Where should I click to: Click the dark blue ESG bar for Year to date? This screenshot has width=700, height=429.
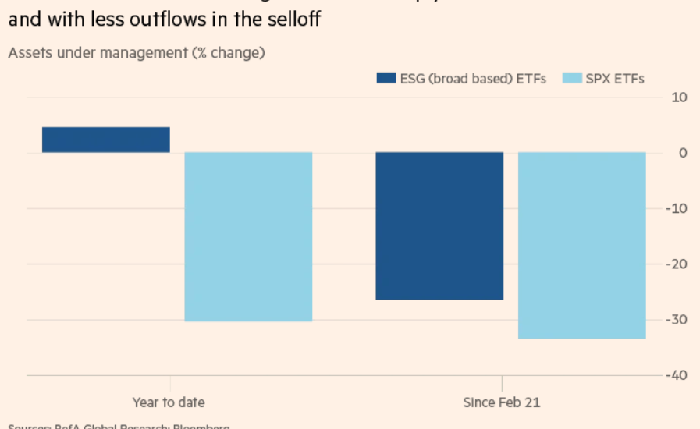coord(106,140)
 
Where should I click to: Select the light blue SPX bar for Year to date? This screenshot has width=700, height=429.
coord(248,236)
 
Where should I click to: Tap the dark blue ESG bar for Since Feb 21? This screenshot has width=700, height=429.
coord(439,225)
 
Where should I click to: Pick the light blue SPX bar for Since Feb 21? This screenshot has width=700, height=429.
coord(581,245)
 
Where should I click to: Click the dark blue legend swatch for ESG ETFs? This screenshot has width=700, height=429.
coord(385,78)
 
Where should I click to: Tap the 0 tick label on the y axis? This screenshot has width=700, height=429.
coord(682,153)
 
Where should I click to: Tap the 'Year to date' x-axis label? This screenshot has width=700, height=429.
coord(169,402)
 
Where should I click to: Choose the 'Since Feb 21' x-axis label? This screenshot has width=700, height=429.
coord(501,402)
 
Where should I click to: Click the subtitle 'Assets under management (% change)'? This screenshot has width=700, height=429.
coord(137,53)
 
